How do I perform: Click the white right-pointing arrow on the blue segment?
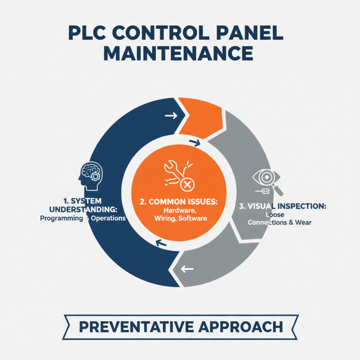coord(171,116)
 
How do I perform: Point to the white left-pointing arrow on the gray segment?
coord(186,270)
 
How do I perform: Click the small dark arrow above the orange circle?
coord(195,143)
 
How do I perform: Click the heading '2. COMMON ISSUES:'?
coord(179,202)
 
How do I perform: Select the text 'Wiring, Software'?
coord(179,219)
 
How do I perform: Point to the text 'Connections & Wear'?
coord(279,222)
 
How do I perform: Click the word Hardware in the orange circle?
coord(178,211)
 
